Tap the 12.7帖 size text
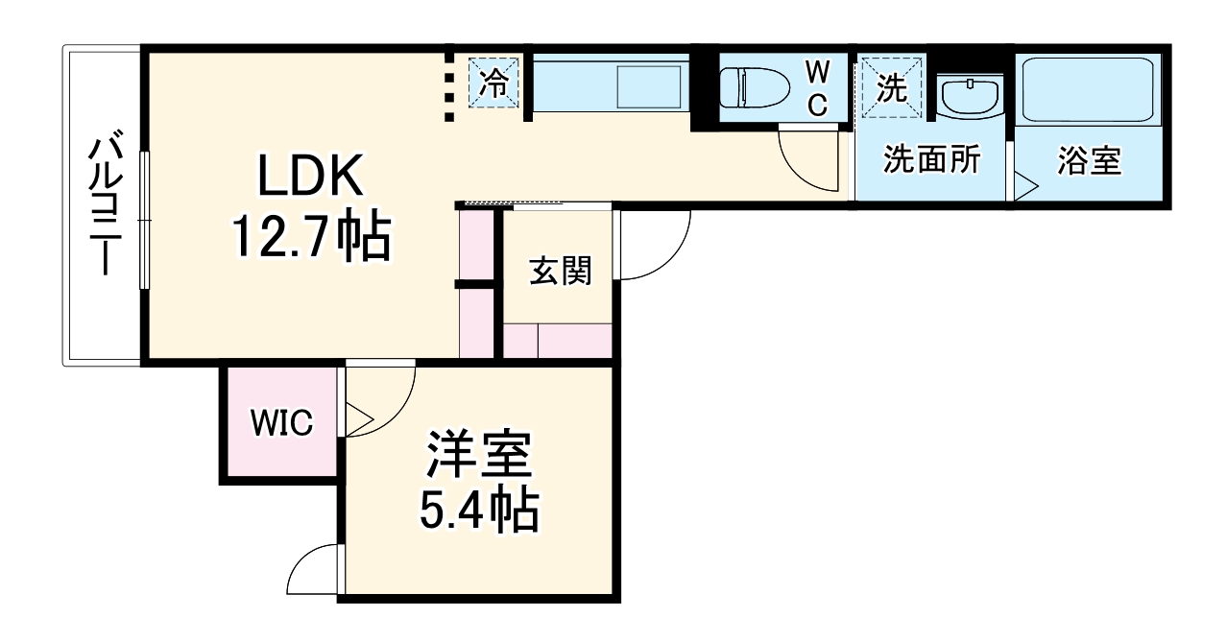(x=309, y=237)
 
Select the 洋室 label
(x=477, y=453)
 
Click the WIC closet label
(x=281, y=421)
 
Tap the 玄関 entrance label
(x=560, y=272)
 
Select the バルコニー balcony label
(x=104, y=205)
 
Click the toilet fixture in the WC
(x=753, y=87)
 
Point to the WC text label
(x=817, y=87)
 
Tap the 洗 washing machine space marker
(x=892, y=87)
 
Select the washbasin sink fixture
(x=971, y=96)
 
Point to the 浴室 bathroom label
(x=1089, y=160)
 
